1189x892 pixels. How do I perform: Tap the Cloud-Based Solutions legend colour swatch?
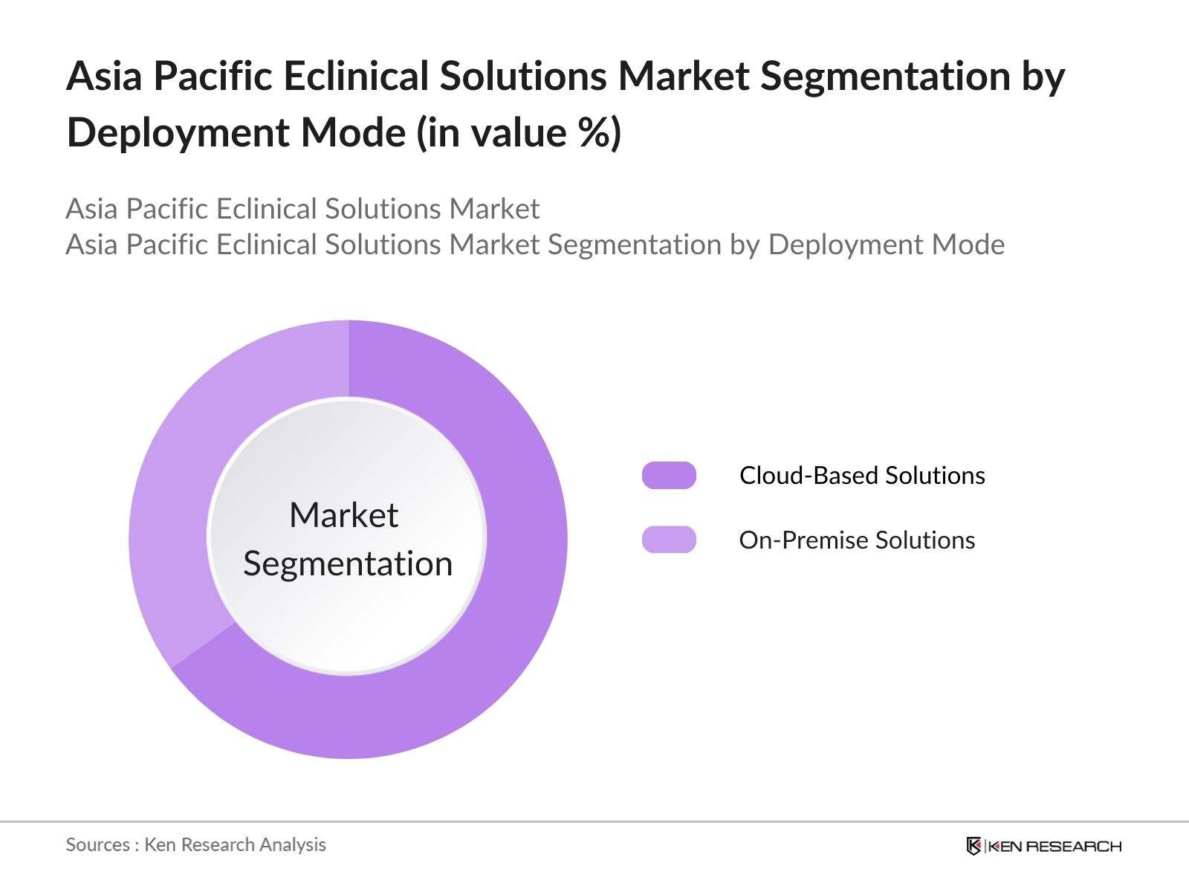(669, 475)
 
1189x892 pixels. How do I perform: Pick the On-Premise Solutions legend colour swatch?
(669, 540)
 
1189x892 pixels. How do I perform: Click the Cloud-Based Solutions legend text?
(862, 475)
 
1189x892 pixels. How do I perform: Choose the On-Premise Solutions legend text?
(857, 540)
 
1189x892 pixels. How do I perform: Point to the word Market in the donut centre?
(343, 514)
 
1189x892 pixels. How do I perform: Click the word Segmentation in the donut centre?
(348, 563)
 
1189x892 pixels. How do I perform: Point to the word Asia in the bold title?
(103, 76)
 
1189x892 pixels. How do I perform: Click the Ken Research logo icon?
(973, 846)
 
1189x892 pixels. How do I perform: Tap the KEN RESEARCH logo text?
(1055, 846)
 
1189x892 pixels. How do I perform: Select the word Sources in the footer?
(97, 844)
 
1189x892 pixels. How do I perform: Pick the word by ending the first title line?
(1043, 76)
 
